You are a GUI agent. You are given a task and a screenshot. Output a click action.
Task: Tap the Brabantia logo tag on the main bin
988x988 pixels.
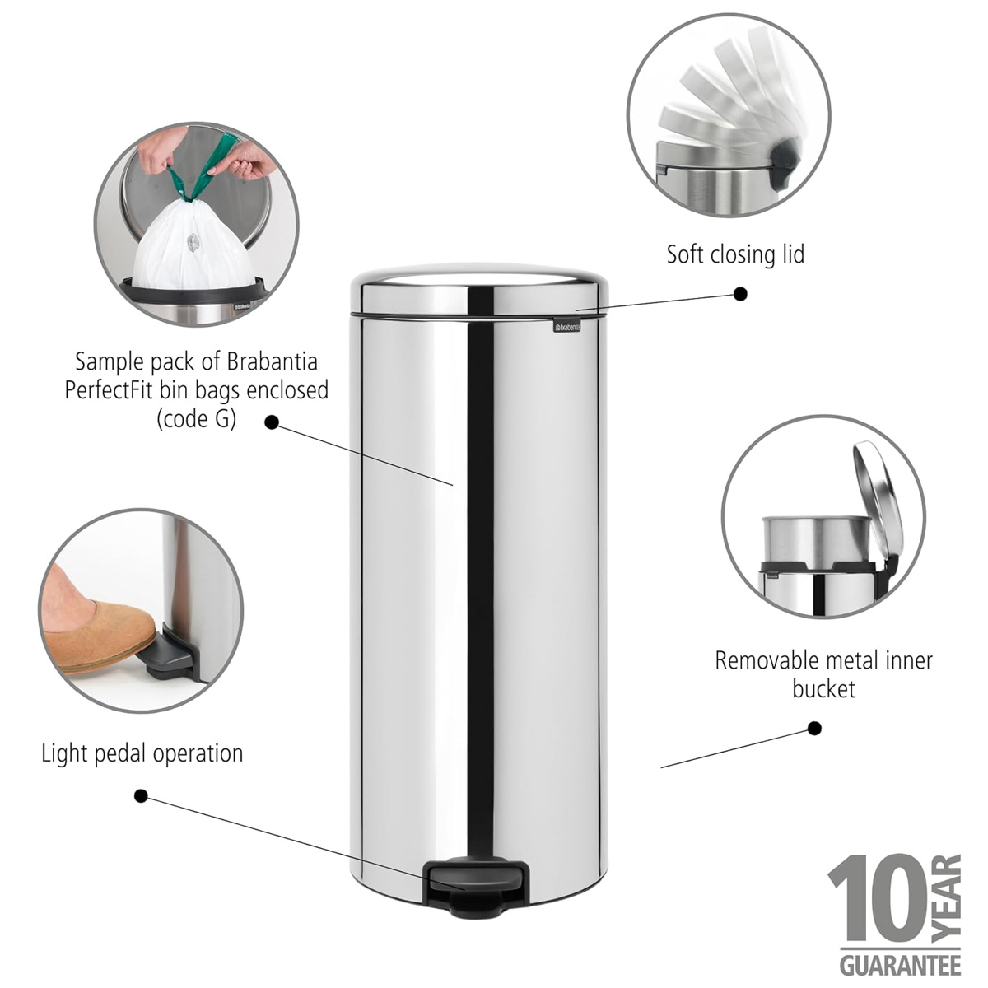pyautogui.click(x=568, y=326)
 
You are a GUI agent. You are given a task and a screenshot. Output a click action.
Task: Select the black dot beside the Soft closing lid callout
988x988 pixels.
pyautogui.click(x=740, y=294)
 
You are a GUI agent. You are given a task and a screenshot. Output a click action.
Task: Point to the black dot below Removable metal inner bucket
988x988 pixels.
pyautogui.click(x=814, y=743)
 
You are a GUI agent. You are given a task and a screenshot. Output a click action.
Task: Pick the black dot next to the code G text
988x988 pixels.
pyautogui.click(x=272, y=422)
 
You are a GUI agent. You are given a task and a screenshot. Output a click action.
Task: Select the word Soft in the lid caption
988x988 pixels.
pyautogui.click(x=684, y=254)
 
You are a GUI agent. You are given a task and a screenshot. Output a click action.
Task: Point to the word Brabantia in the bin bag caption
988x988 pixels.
pyautogui.click(x=272, y=362)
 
